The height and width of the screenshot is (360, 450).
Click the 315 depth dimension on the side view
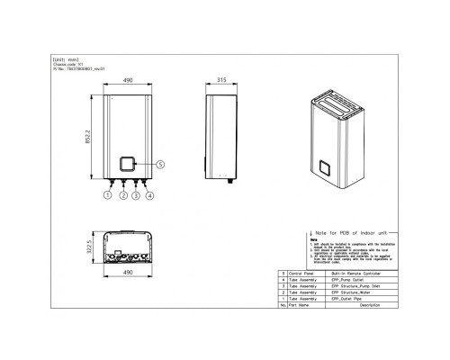[x=220, y=80]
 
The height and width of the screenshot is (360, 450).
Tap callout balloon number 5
[x=159, y=165]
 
